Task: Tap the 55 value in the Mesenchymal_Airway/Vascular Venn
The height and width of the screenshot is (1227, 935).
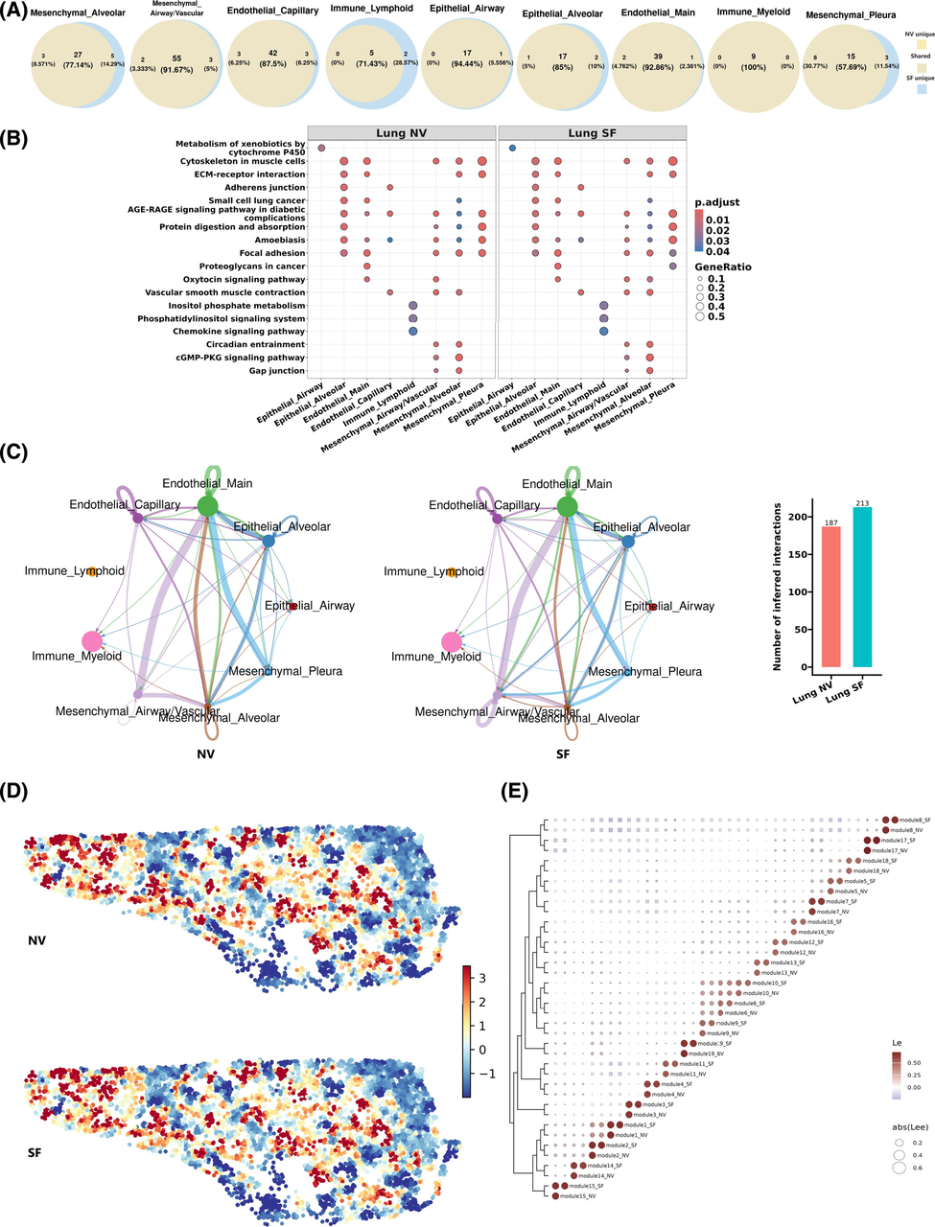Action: [176, 58]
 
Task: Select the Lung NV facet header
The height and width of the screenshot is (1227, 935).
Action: [402, 132]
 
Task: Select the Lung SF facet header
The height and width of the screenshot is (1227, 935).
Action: [592, 132]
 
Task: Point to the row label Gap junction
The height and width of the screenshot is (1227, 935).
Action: [277, 371]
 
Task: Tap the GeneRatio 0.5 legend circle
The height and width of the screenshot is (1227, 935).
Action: [700, 315]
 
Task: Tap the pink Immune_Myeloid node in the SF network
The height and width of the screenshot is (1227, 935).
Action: [451, 642]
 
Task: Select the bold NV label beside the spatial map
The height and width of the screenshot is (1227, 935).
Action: [38, 941]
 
